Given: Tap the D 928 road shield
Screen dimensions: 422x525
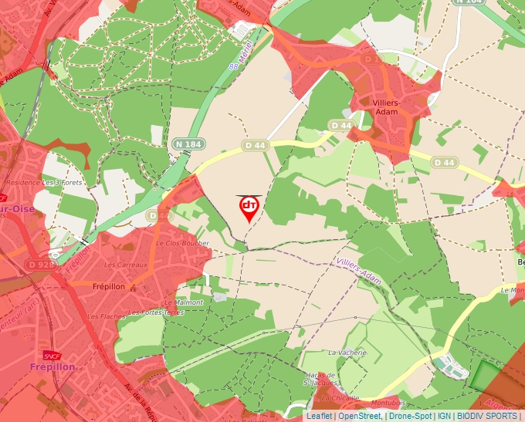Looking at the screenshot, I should pyautogui.click(x=36, y=265).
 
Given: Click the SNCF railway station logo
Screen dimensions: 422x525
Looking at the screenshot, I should pyautogui.click(x=52, y=356).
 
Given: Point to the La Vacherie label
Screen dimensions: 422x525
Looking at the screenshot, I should pyautogui.click(x=344, y=353).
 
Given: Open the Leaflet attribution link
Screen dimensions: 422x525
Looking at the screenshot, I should pyautogui.click(x=319, y=416).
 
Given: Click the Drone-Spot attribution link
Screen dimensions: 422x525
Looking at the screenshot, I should pyautogui.click(x=409, y=416).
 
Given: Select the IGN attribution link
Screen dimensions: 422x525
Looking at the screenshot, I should pyautogui.click(x=444, y=416).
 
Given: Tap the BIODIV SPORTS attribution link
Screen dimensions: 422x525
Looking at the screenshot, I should pyautogui.click(x=486, y=416).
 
